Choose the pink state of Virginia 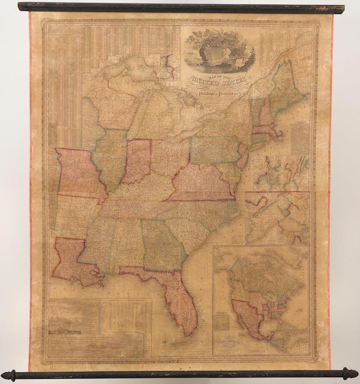202,184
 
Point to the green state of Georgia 161,243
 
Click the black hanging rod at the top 180,7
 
